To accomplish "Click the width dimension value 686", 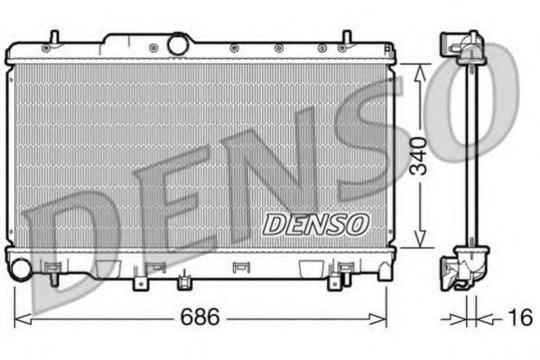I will coord(200,318).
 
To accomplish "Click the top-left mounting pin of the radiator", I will coord(53,38).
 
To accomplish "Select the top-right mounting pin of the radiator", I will coord(346,38).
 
